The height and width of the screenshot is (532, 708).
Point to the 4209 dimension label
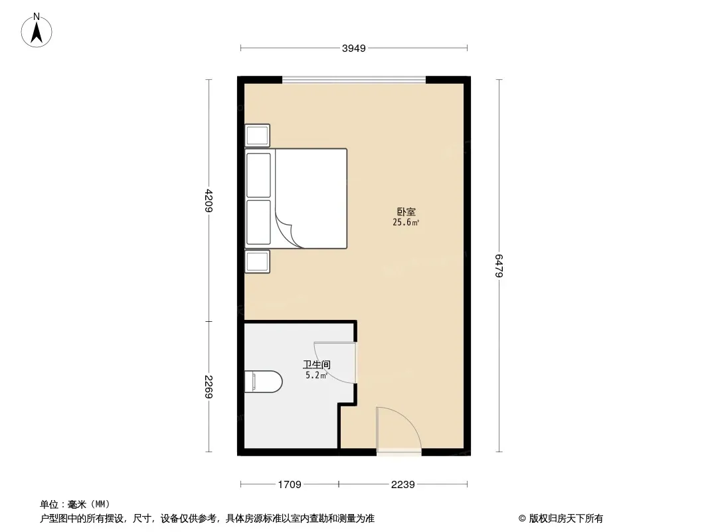point(209,200)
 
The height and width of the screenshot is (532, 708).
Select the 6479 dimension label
point(499,266)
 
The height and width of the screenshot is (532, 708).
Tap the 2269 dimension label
point(209,387)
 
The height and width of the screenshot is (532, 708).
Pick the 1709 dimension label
point(290,485)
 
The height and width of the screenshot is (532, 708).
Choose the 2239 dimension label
point(402,485)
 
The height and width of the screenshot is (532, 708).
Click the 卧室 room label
point(406,211)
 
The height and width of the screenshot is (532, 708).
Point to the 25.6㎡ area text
point(406,222)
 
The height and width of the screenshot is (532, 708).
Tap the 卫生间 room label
point(317,364)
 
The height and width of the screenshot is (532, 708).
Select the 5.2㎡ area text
point(317,375)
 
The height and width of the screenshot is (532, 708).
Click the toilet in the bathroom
point(263,382)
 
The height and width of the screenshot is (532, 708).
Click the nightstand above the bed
point(258,136)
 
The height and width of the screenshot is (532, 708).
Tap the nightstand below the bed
point(258,262)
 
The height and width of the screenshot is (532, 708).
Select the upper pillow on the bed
point(259,175)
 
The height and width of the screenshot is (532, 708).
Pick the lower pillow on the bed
point(259,222)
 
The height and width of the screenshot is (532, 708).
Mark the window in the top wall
point(354,80)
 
